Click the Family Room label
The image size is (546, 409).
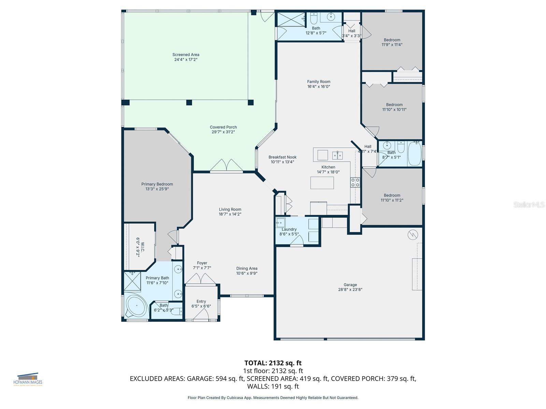(x=318, y=82)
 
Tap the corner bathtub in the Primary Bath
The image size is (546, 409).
(x=136, y=305)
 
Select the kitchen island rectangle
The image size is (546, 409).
(x=322, y=183)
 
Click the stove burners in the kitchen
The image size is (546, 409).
(x=355, y=182)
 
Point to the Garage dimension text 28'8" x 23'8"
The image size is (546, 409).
(x=350, y=290)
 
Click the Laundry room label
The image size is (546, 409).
(x=289, y=229)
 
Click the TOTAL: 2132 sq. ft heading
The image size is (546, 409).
(x=273, y=363)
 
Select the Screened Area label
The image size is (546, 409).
(x=186, y=55)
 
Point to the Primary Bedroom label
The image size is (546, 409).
(x=157, y=184)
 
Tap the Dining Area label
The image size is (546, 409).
(x=247, y=269)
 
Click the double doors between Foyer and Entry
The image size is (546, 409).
(x=202, y=279)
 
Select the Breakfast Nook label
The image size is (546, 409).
(x=282, y=157)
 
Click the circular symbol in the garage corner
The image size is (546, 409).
(x=413, y=234)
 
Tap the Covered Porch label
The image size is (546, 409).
(x=223, y=127)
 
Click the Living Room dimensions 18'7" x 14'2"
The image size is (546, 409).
(x=230, y=214)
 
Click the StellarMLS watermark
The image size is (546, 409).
(x=529, y=204)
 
